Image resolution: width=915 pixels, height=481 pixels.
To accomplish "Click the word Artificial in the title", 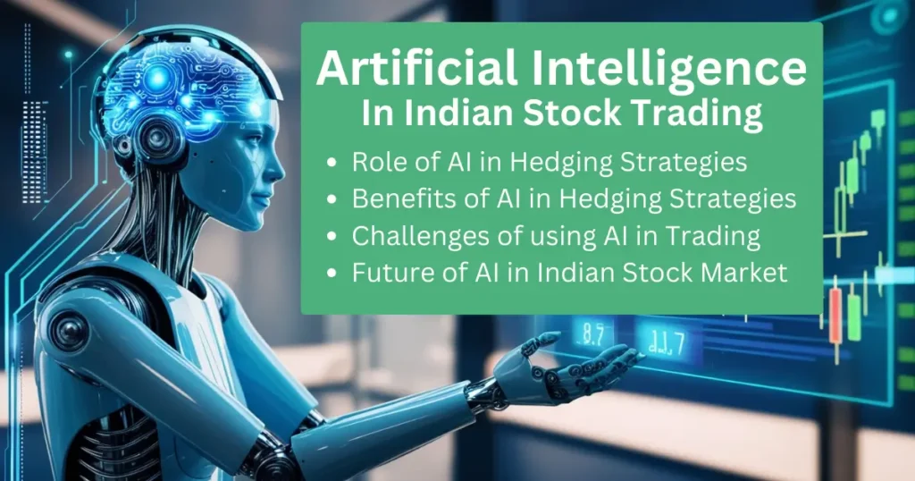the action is [x=417, y=68].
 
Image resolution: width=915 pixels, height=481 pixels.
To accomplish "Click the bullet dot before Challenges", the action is [x=332, y=236].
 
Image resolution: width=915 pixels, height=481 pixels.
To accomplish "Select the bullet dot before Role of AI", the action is [x=332, y=163].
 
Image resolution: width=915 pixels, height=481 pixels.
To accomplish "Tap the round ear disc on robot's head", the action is [x=157, y=139].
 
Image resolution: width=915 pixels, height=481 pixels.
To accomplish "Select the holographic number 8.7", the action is [x=593, y=334].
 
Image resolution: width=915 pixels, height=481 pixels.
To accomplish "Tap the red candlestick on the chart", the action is [x=835, y=316].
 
